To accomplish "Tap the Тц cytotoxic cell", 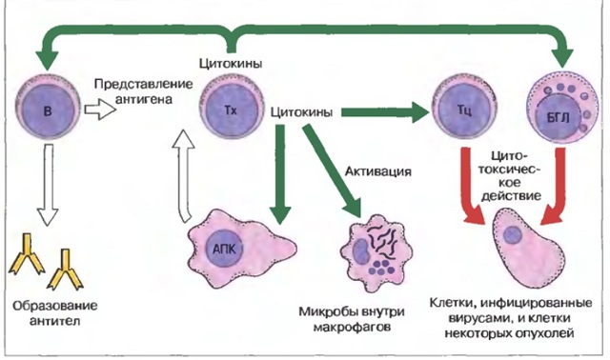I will (461, 112).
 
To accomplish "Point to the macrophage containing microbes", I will (379, 252).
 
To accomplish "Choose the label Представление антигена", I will (133, 91).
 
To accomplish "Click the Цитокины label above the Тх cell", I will (229, 65).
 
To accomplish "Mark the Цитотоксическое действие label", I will (515, 174).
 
